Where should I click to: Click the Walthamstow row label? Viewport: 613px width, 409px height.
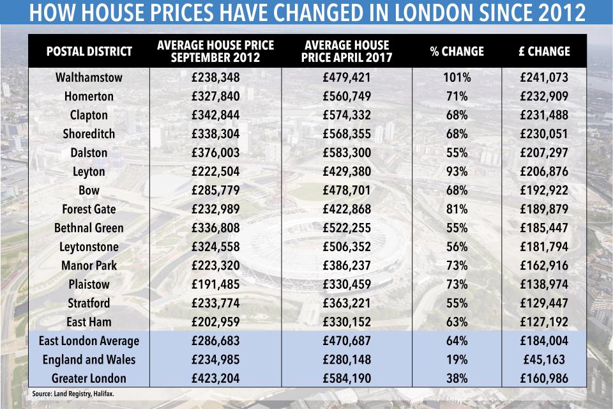click(89, 78)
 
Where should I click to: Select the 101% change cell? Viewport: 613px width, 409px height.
click(457, 78)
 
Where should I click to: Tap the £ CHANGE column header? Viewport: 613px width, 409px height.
click(544, 51)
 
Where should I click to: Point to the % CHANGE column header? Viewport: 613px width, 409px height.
click(457, 51)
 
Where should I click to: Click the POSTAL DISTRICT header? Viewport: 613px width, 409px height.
click(89, 51)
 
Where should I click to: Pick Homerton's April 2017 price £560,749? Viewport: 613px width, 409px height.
click(347, 96)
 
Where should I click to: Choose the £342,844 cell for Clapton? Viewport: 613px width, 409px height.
click(215, 116)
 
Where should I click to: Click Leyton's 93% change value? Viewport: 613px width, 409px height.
click(457, 172)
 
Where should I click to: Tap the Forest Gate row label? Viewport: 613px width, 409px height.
click(89, 209)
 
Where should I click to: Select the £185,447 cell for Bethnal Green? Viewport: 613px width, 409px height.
click(544, 228)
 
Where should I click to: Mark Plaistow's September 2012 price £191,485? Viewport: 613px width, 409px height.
click(215, 284)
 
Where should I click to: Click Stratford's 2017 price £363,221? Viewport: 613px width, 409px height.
click(347, 302)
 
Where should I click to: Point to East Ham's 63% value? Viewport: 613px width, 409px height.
click(457, 321)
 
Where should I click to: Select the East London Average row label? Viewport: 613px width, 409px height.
click(89, 341)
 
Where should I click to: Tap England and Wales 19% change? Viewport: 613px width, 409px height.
click(457, 359)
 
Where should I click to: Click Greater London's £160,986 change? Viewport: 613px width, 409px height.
click(544, 378)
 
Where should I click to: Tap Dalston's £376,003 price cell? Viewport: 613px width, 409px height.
click(215, 153)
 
